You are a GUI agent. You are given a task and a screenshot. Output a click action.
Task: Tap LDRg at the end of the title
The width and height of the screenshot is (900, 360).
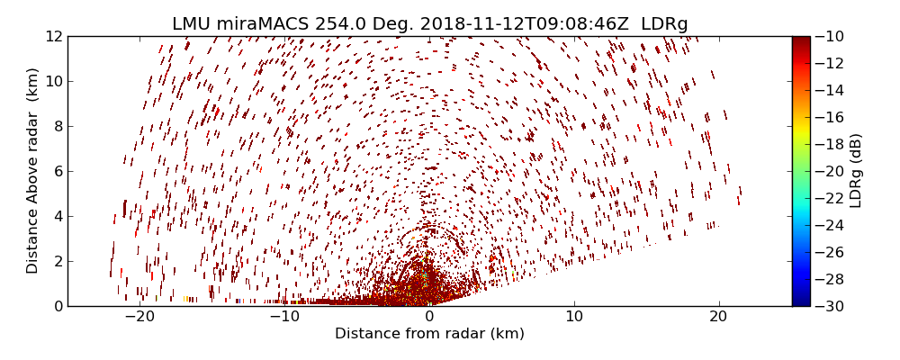664,24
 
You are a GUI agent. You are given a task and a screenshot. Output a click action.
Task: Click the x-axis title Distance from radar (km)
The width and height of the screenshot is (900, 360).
429,334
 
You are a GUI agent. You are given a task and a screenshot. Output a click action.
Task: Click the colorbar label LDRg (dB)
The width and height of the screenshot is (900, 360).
856,171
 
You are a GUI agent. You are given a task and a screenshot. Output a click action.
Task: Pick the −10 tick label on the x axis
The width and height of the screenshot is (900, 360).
283,317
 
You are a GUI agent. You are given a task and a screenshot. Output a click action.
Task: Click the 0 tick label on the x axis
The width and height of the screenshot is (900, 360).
429,317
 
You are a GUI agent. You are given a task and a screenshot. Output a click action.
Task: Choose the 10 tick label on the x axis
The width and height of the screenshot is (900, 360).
574,317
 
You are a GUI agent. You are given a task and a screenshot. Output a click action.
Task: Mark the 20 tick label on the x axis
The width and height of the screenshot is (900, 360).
718,317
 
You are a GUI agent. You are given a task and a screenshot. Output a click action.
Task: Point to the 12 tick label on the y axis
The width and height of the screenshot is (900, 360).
53,36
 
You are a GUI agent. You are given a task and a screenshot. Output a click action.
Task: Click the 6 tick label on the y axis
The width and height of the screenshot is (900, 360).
57,171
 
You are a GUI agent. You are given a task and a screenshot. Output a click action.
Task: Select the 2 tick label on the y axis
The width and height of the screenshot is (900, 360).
57,261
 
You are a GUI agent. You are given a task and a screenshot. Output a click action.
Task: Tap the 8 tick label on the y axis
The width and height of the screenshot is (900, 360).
57,126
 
